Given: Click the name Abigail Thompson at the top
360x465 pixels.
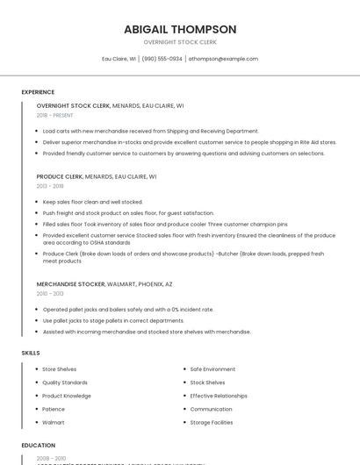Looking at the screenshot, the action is (x=180, y=29).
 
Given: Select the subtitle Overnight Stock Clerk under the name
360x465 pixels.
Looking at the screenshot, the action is (x=180, y=42).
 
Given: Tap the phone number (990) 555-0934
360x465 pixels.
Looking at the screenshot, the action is (x=162, y=59).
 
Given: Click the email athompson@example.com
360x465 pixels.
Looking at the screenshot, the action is (x=223, y=59).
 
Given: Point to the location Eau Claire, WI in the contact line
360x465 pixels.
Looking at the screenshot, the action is (x=119, y=59).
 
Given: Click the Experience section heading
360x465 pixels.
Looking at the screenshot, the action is (x=38, y=92).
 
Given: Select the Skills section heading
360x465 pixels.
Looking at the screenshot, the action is (x=31, y=353).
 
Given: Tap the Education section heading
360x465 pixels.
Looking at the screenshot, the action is (x=39, y=446).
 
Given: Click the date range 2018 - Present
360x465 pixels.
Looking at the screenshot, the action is (x=55, y=115).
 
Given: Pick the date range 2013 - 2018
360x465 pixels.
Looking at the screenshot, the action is (x=50, y=186).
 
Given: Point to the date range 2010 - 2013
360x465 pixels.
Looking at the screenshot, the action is (x=50, y=294).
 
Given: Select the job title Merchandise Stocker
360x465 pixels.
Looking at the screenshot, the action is (x=71, y=284).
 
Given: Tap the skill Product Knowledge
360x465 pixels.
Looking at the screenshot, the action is (x=67, y=396).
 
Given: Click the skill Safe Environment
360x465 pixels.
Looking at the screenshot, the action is (x=212, y=369).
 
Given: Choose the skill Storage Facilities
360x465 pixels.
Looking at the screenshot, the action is (x=212, y=423).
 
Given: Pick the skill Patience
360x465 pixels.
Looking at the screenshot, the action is (x=54, y=409).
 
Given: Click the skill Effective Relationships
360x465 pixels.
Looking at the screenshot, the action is (x=219, y=396).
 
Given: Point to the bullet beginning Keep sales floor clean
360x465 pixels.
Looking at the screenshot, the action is (x=92, y=202).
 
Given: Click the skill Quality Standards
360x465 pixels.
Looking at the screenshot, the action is (x=65, y=383).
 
